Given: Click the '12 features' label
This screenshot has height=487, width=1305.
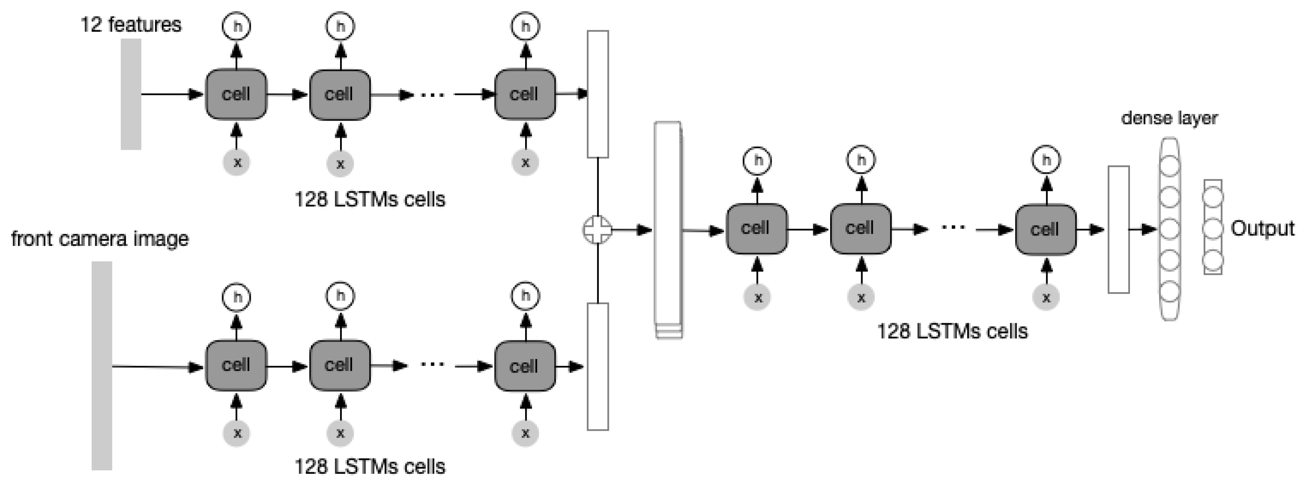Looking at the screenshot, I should (x=131, y=24).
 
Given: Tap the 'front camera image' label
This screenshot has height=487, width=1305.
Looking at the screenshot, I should (x=100, y=238).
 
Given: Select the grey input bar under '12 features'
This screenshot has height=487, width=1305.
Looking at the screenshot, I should (x=131, y=94).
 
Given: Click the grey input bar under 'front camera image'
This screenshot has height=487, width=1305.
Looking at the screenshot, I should (x=102, y=365).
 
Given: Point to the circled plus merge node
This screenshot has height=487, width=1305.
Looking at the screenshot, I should (x=598, y=230).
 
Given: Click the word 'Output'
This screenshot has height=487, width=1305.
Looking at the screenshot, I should (x=1262, y=229).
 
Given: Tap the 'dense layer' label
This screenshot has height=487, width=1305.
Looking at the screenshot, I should (x=1169, y=118).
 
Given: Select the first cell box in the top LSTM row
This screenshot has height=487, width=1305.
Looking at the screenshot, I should (x=236, y=94).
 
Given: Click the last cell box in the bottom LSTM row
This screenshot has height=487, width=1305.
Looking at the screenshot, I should (x=525, y=366).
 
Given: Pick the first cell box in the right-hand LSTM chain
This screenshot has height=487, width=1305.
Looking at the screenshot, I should (x=757, y=229).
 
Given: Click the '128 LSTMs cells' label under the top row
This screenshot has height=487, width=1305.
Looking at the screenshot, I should (x=370, y=199).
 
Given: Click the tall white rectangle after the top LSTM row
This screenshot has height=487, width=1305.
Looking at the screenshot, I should (x=598, y=94).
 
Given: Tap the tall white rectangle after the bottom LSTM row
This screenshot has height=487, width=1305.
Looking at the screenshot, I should (x=598, y=367).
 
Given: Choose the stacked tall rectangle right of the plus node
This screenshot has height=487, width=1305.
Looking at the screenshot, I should (x=668, y=230).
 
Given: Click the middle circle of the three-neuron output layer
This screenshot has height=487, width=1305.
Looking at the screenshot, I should (x=1213, y=229).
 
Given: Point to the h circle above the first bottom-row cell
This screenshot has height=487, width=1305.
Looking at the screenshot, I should (x=236, y=297).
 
